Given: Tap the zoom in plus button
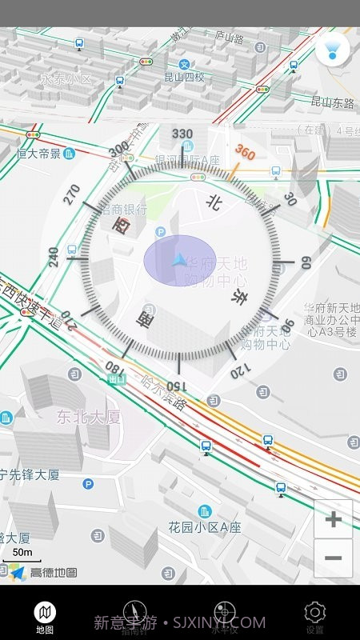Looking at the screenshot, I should pyautogui.click(x=333, y=519).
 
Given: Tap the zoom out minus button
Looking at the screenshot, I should pyautogui.click(x=333, y=558).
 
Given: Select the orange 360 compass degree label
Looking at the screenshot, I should pyautogui.click(x=244, y=152).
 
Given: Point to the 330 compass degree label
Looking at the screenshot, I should pyautogui.click(x=182, y=134).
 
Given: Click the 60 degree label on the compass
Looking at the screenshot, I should pyautogui.click(x=304, y=262).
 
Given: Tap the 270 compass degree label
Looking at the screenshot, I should pyautogui.click(x=72, y=194).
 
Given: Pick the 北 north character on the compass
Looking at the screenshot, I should pyautogui.click(x=214, y=203).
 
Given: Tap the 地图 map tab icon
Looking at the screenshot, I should pyautogui.click(x=45, y=614).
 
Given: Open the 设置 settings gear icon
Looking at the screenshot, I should pyautogui.click(x=315, y=614).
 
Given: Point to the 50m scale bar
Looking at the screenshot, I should pyautogui.click(x=22, y=553).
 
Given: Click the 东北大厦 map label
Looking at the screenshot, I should pyautogui.click(x=88, y=416).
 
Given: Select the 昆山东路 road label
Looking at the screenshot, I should pyautogui.click(x=332, y=102).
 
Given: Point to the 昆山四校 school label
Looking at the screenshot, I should pyautogui.click(x=184, y=78).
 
